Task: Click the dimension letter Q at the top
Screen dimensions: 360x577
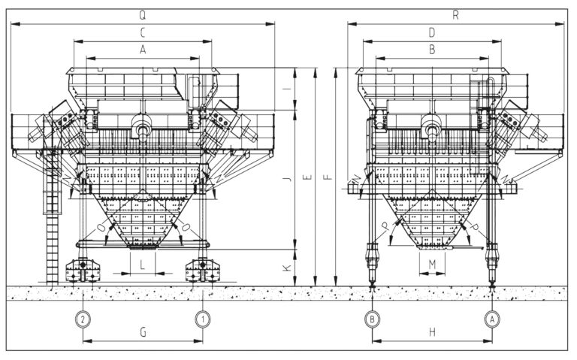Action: coord(143,16)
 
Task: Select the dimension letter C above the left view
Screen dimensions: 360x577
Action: coord(143,33)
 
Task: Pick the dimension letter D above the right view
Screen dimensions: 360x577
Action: coord(431,33)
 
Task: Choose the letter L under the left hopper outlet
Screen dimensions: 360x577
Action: coord(143,262)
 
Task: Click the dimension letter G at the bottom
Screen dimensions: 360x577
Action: coord(143,331)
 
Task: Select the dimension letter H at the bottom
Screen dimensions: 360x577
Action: coord(431,331)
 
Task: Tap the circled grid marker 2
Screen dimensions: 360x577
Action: coord(83,318)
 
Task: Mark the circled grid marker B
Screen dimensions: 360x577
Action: coord(372,318)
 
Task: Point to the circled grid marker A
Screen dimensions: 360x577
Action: coord(491,318)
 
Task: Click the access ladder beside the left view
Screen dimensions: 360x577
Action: coord(53,225)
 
